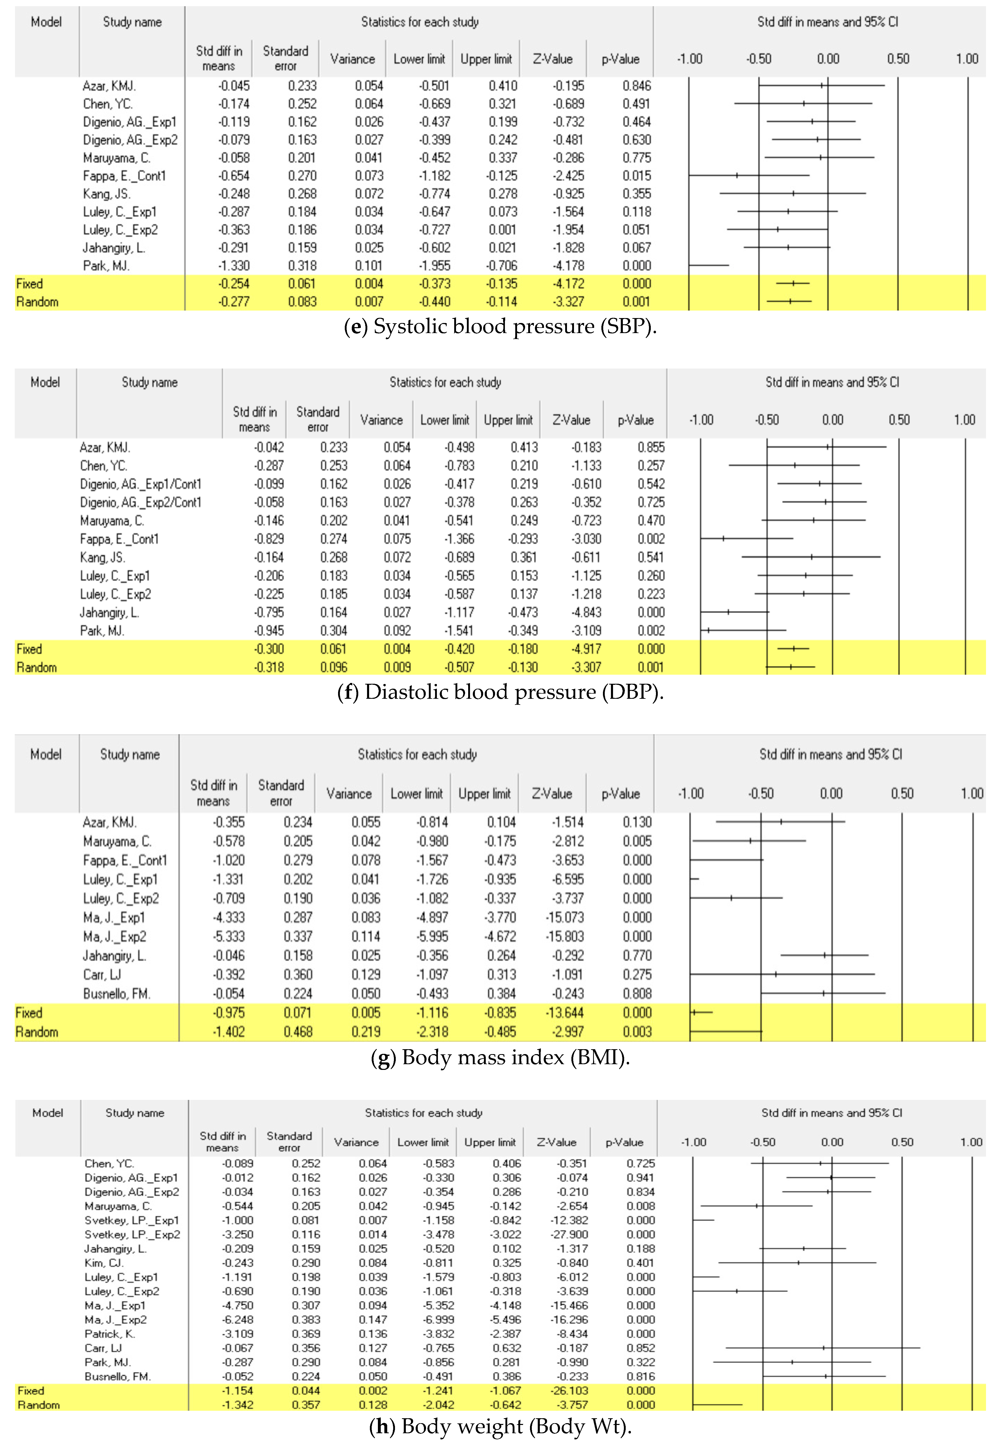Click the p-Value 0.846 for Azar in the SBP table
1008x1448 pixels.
click(636, 86)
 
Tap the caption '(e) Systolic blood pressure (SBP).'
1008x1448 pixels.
click(500, 327)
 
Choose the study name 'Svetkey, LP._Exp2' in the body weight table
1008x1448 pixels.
click(132, 1234)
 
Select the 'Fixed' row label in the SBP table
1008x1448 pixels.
click(30, 284)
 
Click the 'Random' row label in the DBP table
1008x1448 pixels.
click(36, 667)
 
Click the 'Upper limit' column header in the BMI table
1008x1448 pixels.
click(484, 793)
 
